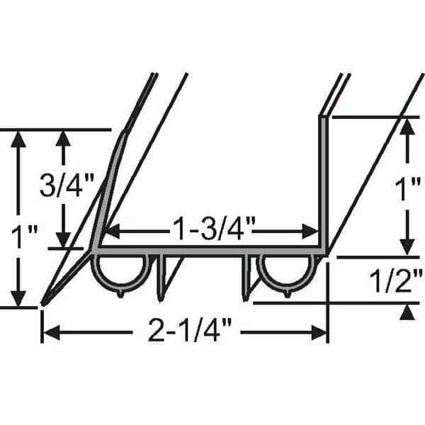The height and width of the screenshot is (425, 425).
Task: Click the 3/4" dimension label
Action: click(x=67, y=186)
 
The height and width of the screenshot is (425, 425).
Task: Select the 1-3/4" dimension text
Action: click(x=214, y=229)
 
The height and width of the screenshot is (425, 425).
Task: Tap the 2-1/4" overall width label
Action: click(x=190, y=330)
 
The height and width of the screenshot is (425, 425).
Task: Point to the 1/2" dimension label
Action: click(x=396, y=280)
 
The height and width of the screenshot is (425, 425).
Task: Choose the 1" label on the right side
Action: click(x=407, y=188)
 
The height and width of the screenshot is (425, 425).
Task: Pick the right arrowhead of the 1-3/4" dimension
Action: click(x=310, y=232)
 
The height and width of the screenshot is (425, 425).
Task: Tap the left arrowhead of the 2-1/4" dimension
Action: click(x=52, y=332)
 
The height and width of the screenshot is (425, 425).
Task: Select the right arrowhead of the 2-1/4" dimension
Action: click(x=319, y=332)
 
